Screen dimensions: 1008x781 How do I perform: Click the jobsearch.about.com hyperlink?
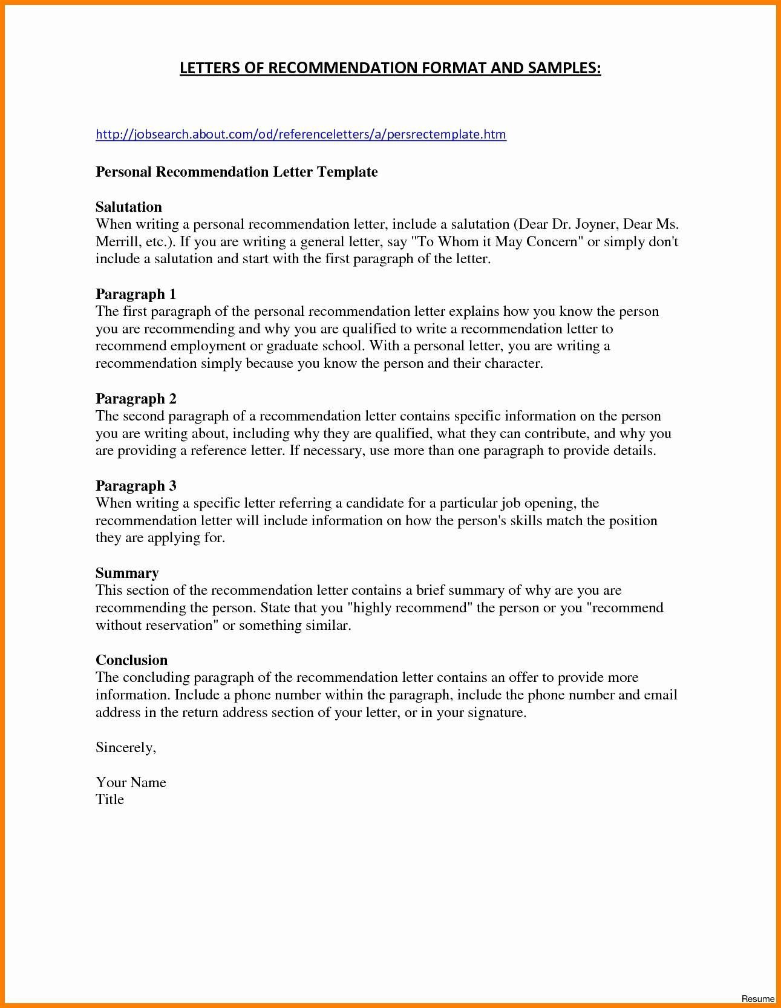[301, 134]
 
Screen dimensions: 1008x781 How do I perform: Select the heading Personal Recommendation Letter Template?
[237, 172]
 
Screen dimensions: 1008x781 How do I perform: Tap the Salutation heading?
[128, 207]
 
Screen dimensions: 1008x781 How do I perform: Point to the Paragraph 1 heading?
[136, 294]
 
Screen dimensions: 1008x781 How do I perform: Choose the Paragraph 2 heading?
[136, 399]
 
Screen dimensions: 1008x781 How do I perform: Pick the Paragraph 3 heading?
[136, 486]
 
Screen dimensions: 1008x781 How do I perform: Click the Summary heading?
[127, 573]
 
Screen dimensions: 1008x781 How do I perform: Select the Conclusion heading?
[131, 660]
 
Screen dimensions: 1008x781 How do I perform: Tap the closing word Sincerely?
[125, 748]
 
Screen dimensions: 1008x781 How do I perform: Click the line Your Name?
[131, 782]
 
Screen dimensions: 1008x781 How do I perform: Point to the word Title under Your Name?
[109, 799]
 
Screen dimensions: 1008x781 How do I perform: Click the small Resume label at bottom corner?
[757, 998]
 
